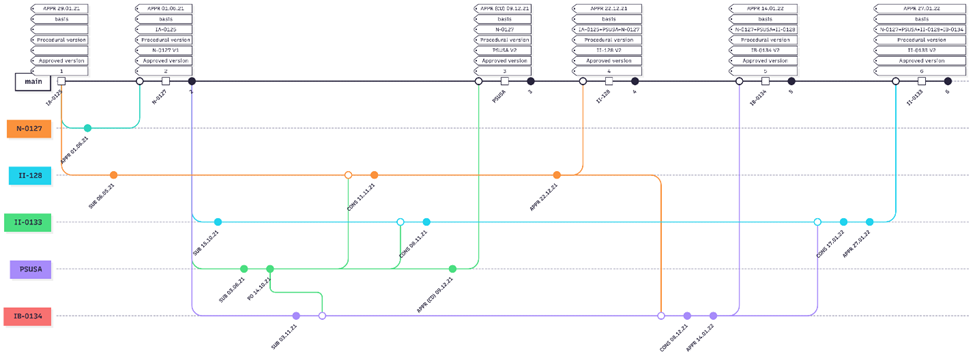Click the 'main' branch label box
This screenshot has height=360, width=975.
[x=32, y=82]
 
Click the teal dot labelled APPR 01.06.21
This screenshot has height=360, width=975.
[x=88, y=128]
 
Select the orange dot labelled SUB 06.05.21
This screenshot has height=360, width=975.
[x=114, y=175]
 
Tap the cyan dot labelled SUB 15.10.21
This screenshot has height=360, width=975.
[x=218, y=222]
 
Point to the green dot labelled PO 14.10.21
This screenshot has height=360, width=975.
[x=270, y=269]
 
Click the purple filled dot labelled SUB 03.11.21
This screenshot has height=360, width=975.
[x=296, y=316]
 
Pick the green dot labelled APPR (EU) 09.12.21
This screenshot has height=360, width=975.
[x=453, y=269]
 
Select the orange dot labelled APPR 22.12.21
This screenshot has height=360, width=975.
[x=557, y=175]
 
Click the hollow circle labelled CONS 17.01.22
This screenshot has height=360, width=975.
[x=818, y=222]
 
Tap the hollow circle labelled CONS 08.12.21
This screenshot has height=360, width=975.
[x=661, y=316]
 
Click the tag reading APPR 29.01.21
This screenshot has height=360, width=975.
[x=62, y=8]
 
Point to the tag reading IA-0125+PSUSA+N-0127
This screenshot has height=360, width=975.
[x=609, y=29]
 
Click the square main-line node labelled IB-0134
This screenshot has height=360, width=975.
[x=765, y=82]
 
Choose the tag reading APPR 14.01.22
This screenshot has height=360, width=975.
[x=765, y=8]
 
